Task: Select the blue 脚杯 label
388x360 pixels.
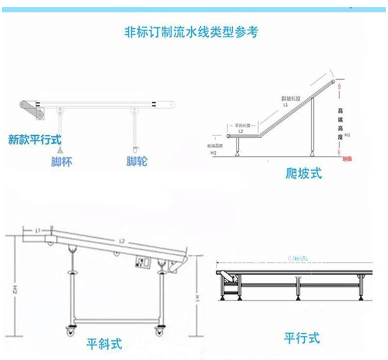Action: (x=62, y=162)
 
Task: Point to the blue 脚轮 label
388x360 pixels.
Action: (x=136, y=162)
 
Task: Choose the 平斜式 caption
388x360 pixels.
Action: (x=104, y=344)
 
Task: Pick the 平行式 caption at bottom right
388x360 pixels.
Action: (x=302, y=338)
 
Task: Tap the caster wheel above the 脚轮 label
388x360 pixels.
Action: (x=136, y=148)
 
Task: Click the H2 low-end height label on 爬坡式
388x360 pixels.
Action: (x=214, y=152)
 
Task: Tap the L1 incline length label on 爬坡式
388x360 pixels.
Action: (x=286, y=104)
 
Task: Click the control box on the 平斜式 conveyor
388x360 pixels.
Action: (x=143, y=263)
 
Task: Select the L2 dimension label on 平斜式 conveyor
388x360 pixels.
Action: (x=121, y=241)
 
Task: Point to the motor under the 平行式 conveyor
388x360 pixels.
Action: (x=229, y=278)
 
